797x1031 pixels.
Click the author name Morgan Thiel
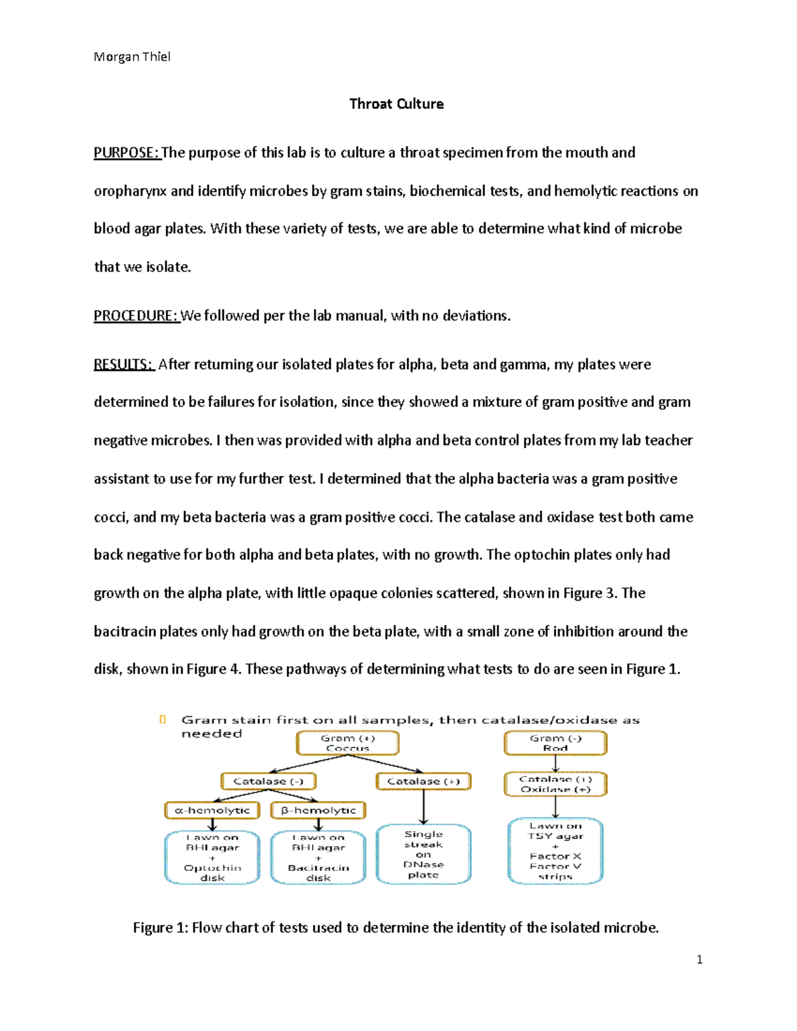tap(132, 57)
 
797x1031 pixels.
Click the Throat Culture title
tap(397, 104)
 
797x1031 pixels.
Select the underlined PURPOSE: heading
tap(126, 153)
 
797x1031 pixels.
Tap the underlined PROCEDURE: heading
tap(135, 316)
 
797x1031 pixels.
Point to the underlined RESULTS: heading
tap(124, 364)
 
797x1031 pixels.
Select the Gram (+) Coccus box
tap(347, 743)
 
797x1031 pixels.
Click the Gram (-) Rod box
tap(555, 743)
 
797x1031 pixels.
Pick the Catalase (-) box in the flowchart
tap(268, 781)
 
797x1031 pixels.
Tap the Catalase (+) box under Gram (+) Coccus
tap(423, 781)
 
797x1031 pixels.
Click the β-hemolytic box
tap(318, 810)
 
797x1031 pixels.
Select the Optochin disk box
tap(212, 858)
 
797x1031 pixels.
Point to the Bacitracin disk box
tap(318, 858)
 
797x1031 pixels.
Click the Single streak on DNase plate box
tap(423, 854)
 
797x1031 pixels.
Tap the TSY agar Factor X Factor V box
tap(555, 852)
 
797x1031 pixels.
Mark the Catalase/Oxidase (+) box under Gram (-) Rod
tap(555, 784)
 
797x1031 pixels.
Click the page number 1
tap(699, 959)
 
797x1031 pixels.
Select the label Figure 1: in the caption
tap(160, 927)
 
